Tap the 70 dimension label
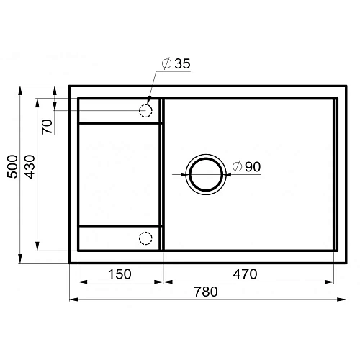[47, 127]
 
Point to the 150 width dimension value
[120, 274]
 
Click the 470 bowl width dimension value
[245, 274]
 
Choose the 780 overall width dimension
[205, 292]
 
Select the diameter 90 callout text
[246, 167]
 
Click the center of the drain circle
[207, 173]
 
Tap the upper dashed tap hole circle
[146, 111]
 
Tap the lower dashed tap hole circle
[146, 238]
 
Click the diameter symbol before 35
[166, 64]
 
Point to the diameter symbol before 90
[236, 167]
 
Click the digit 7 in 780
[198, 292]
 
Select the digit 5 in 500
[12, 180]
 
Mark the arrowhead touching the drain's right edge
[228, 173]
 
